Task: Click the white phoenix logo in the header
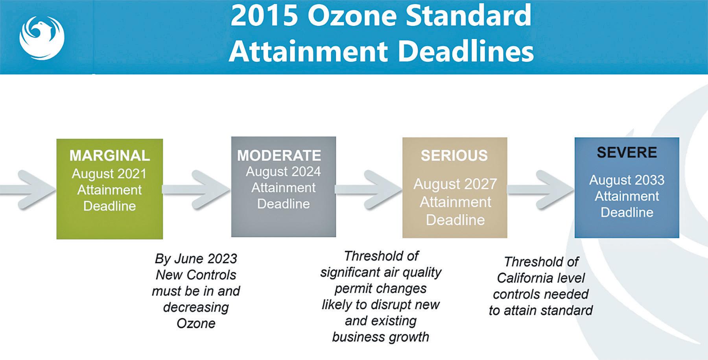pos(42,38)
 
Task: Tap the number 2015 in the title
pos(264,16)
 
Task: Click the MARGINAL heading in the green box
pos(110,155)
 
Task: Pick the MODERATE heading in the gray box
pos(279,155)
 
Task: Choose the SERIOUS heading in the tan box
pos(454,155)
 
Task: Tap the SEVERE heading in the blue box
pos(627,152)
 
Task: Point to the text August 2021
pos(109,174)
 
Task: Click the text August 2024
pos(283,172)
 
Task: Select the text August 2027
pos(455,184)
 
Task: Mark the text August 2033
pos(627,180)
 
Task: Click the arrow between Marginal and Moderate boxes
pos(196,190)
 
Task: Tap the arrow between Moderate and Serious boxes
pos(369,190)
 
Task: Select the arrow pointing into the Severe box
pos(540,190)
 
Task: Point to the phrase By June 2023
pos(196,259)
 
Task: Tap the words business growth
pos(380,337)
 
